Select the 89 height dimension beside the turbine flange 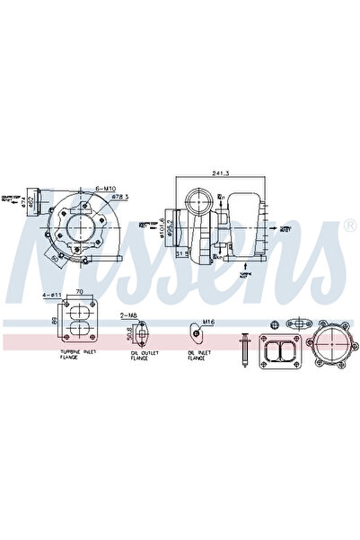pyautogui.click(x=56, y=319)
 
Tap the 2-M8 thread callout pyautogui.click(x=131, y=314)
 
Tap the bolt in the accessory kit pyautogui.click(x=244, y=349)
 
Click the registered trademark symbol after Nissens pyautogui.click(x=350, y=223)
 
